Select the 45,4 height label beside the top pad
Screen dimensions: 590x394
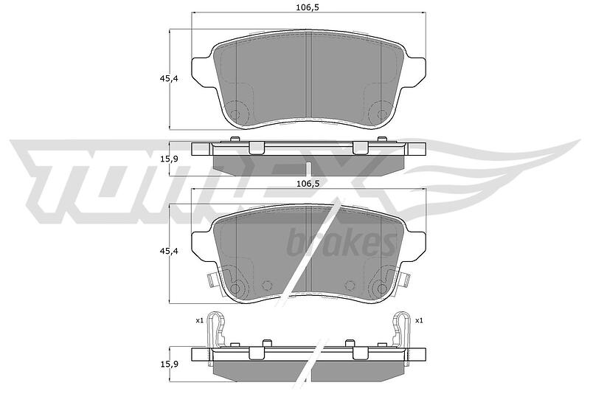coord(169,79)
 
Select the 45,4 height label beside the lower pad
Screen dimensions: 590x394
coord(169,251)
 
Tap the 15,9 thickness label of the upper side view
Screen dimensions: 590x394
coord(169,159)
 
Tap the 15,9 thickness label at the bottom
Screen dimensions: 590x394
coord(169,364)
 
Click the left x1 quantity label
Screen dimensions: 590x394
coord(199,321)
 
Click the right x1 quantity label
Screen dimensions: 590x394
coord(419,321)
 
